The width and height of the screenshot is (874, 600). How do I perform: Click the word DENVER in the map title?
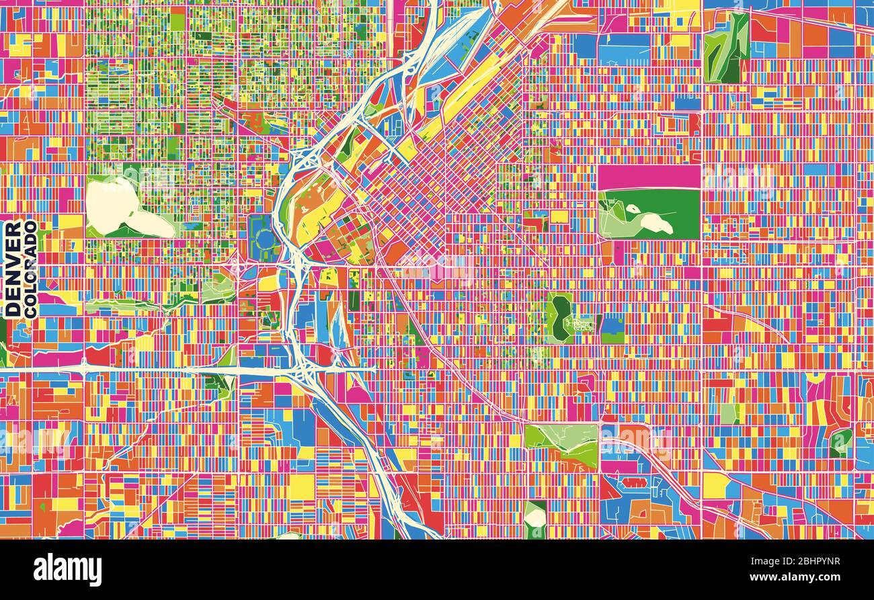tap(13, 269)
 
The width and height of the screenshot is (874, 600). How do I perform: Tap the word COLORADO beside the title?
tap(30, 269)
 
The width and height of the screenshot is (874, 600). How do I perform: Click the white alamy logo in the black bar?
tap(68, 570)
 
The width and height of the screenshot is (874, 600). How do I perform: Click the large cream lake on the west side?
tap(121, 205)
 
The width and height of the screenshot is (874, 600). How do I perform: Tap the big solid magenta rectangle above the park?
tap(649, 177)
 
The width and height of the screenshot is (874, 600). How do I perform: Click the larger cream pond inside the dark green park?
tap(655, 223)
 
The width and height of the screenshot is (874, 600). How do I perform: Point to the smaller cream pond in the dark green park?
tap(633, 209)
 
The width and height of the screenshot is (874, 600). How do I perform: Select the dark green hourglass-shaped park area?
tap(559, 317)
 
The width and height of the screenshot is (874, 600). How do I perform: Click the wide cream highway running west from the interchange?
tap(168, 370)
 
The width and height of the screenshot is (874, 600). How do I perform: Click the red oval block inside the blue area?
tap(633, 482)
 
